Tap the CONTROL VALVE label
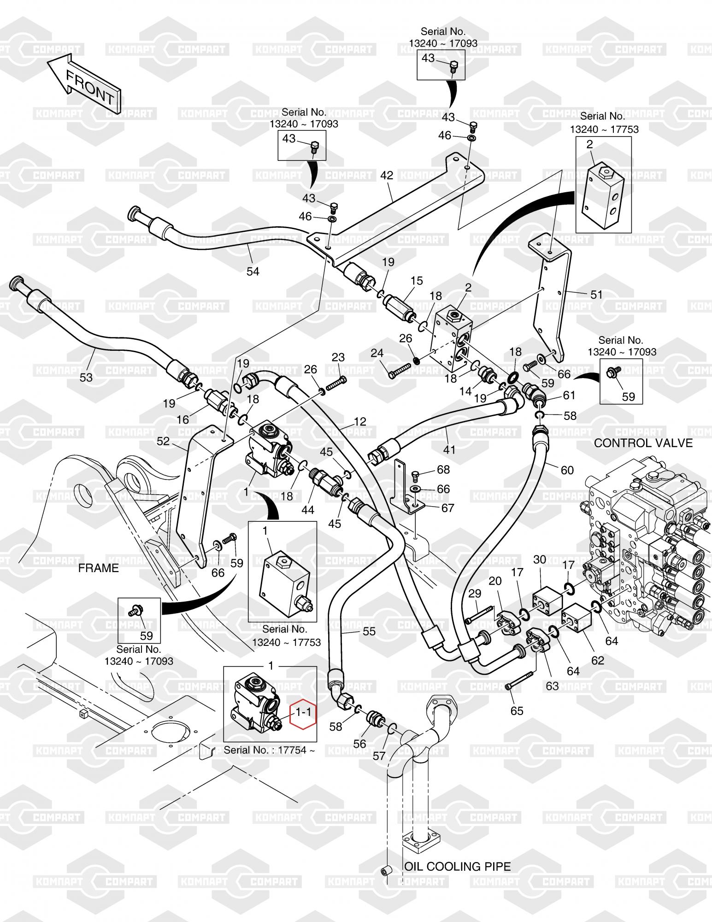[643, 443]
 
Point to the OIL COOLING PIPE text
[458, 866]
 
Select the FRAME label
[98, 568]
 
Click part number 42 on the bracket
[387, 175]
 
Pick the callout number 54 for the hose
[253, 272]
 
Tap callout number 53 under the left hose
[86, 377]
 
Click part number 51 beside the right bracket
[596, 294]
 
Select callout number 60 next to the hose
[567, 470]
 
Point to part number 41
[449, 449]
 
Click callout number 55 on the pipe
[369, 632]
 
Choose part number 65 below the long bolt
[517, 711]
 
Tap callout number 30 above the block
[540, 560]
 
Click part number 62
[597, 660]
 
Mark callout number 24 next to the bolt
[377, 354]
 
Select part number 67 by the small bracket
[447, 508]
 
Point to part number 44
[308, 510]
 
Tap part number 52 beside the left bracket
[163, 441]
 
